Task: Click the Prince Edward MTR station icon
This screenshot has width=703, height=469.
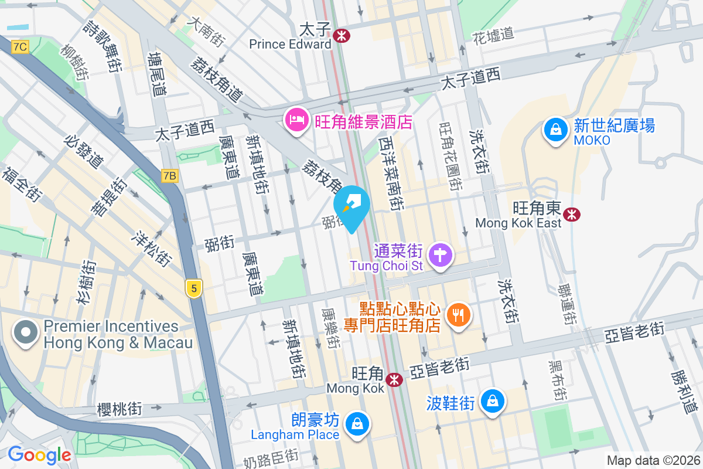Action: click(x=341, y=36)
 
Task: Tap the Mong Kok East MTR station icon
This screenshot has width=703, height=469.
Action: click(x=571, y=215)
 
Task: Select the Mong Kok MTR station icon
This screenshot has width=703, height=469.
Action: click(x=394, y=379)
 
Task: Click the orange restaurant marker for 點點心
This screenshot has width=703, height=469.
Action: click(x=458, y=316)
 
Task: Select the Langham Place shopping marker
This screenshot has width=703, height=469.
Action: click(x=357, y=423)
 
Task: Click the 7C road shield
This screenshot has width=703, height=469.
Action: click(x=20, y=47)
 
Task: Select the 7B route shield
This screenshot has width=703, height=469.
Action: click(x=170, y=175)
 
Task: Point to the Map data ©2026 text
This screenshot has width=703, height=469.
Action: click(x=653, y=460)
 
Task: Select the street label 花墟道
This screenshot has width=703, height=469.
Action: click(x=493, y=35)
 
